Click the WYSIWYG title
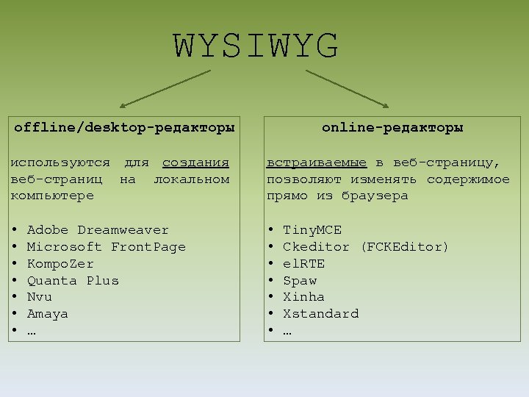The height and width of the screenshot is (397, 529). coord(256,46)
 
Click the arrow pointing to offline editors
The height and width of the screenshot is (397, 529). coord(165,89)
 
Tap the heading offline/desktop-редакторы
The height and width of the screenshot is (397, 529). coord(124,127)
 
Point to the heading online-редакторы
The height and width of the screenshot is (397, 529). coord(392,127)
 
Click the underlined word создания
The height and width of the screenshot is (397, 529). coord(195,162)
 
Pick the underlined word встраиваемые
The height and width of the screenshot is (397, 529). coord(317,162)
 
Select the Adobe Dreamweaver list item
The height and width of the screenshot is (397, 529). coord(98,230)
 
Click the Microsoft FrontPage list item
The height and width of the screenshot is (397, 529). coord(106,247)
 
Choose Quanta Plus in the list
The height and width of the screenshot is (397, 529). coord(73,280)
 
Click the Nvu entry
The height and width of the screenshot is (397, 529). coord(40,297)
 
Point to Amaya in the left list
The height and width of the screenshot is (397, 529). coord(47,314)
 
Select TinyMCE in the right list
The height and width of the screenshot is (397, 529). coord(312,230)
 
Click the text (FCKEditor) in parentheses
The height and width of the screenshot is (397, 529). coord(405,247)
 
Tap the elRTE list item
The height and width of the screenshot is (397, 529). coord(303,263)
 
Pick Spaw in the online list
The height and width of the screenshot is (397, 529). coord(300,280)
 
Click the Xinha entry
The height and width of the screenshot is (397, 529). coord(303,297)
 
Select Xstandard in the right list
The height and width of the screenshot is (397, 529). coord(320,314)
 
